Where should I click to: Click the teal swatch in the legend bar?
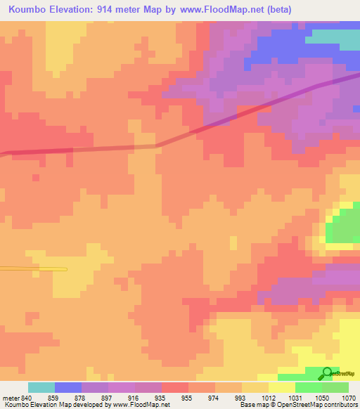[x=41, y=387]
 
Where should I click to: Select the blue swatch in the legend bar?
[x=68, y=387]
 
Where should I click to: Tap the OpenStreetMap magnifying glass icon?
[x=327, y=373]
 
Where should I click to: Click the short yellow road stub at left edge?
[x=33, y=268]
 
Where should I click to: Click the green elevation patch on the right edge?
[x=345, y=228]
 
